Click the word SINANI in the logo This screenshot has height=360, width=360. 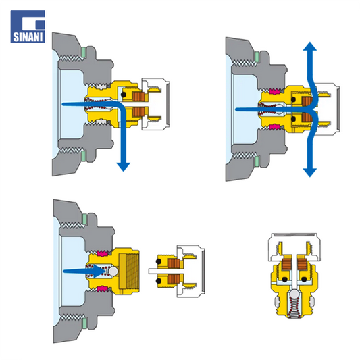(28, 37)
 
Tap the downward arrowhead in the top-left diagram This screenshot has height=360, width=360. (124, 166)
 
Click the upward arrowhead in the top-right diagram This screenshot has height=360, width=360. (310, 47)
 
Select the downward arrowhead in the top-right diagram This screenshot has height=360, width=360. (310, 172)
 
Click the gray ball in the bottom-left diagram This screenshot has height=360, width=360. (113, 271)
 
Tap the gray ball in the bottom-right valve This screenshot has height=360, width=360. (294, 294)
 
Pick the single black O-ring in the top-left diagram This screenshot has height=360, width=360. (124, 95)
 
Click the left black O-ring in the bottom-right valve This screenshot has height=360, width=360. (285, 280)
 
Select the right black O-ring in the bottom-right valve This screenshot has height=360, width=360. (304, 280)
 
